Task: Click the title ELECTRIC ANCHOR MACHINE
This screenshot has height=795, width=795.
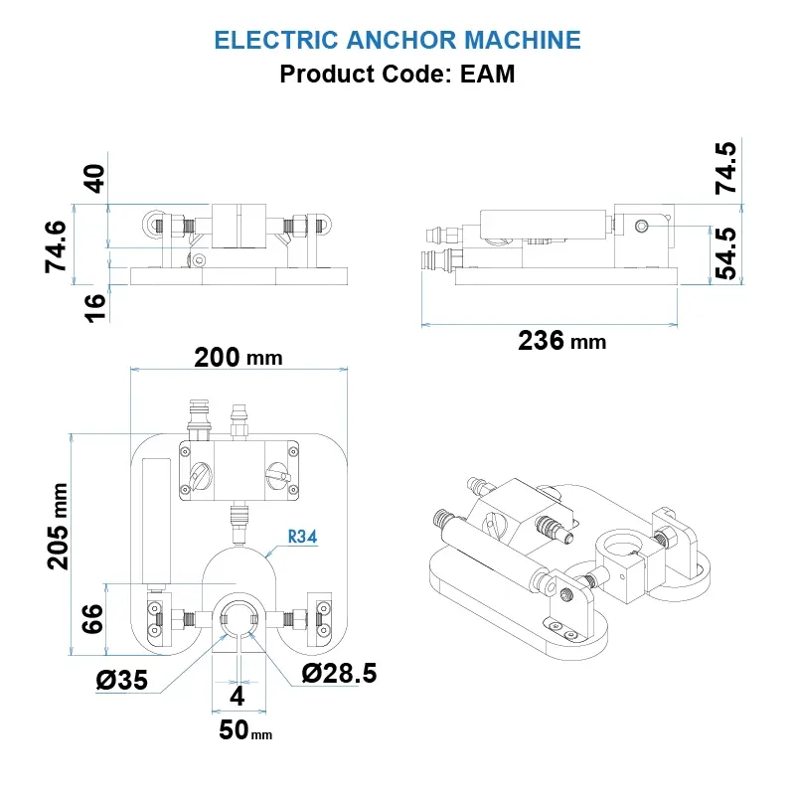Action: pyautogui.click(x=397, y=40)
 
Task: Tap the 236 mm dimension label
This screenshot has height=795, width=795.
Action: pyautogui.click(x=561, y=341)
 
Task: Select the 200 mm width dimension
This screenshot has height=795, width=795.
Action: pyautogui.click(x=238, y=357)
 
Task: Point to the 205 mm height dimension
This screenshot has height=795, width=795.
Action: pyautogui.click(x=59, y=526)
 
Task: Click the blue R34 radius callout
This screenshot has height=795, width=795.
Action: pyautogui.click(x=301, y=537)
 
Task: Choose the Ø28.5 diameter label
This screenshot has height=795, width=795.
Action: pyautogui.click(x=339, y=674)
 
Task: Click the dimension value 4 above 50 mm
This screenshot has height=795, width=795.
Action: pyautogui.click(x=237, y=695)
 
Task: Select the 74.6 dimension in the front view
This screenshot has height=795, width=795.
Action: pyautogui.click(x=59, y=246)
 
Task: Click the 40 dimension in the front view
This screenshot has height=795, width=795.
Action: pyautogui.click(x=93, y=180)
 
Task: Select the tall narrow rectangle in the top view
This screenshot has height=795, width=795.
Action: pyautogui.click(x=156, y=522)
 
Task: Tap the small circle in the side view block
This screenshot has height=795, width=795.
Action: pyautogui.click(x=642, y=228)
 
